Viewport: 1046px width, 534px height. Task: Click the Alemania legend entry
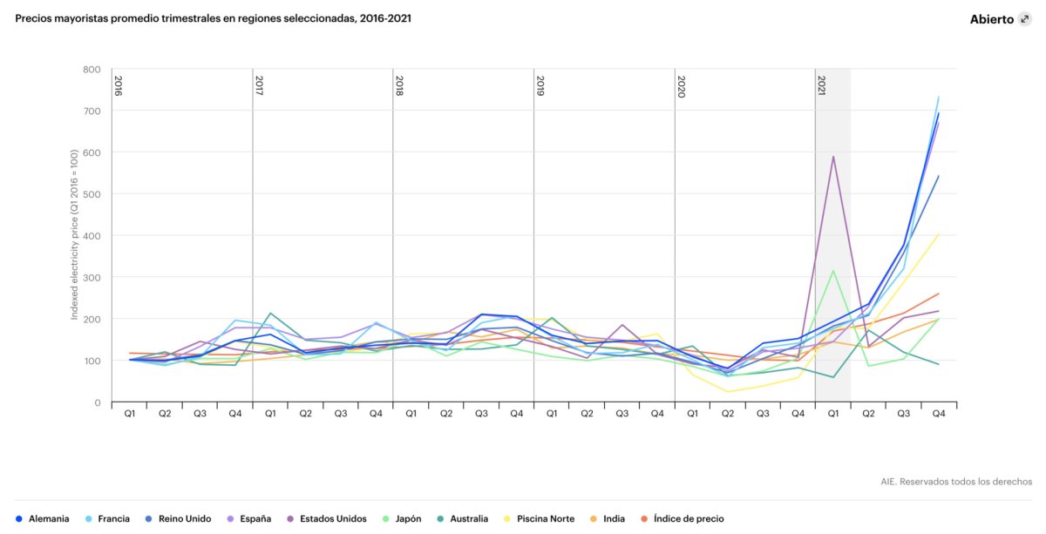[x=43, y=518]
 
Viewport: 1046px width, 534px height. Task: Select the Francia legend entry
[x=108, y=518]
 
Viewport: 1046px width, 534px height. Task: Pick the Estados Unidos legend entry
[x=329, y=518]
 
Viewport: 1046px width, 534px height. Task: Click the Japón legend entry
[x=402, y=518]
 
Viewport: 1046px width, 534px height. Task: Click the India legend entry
[x=608, y=518]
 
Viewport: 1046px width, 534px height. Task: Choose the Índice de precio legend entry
[x=682, y=518]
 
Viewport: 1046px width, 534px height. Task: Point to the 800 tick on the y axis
[x=92, y=70]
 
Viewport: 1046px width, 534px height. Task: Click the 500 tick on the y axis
[x=92, y=194]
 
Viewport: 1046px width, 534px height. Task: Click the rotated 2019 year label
[x=540, y=85]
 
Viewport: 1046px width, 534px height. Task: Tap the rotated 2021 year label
[x=821, y=85]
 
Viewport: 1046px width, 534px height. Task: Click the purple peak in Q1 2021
[x=833, y=157]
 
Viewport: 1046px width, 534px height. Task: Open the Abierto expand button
[x=1024, y=19]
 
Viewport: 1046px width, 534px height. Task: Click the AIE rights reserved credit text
[x=956, y=481]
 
